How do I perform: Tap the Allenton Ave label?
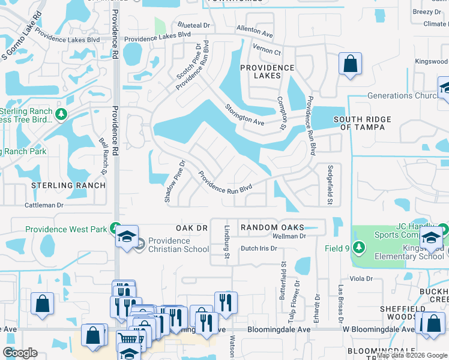257,30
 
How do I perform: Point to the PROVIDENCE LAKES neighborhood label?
267,72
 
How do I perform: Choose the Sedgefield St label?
330,185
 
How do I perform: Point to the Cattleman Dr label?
44,205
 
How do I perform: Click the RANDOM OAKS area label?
271,227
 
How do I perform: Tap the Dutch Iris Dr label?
259,248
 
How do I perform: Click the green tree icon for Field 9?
359,247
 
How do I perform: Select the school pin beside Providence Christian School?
127,236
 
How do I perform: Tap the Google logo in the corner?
20,352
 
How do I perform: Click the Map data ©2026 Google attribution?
412,355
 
